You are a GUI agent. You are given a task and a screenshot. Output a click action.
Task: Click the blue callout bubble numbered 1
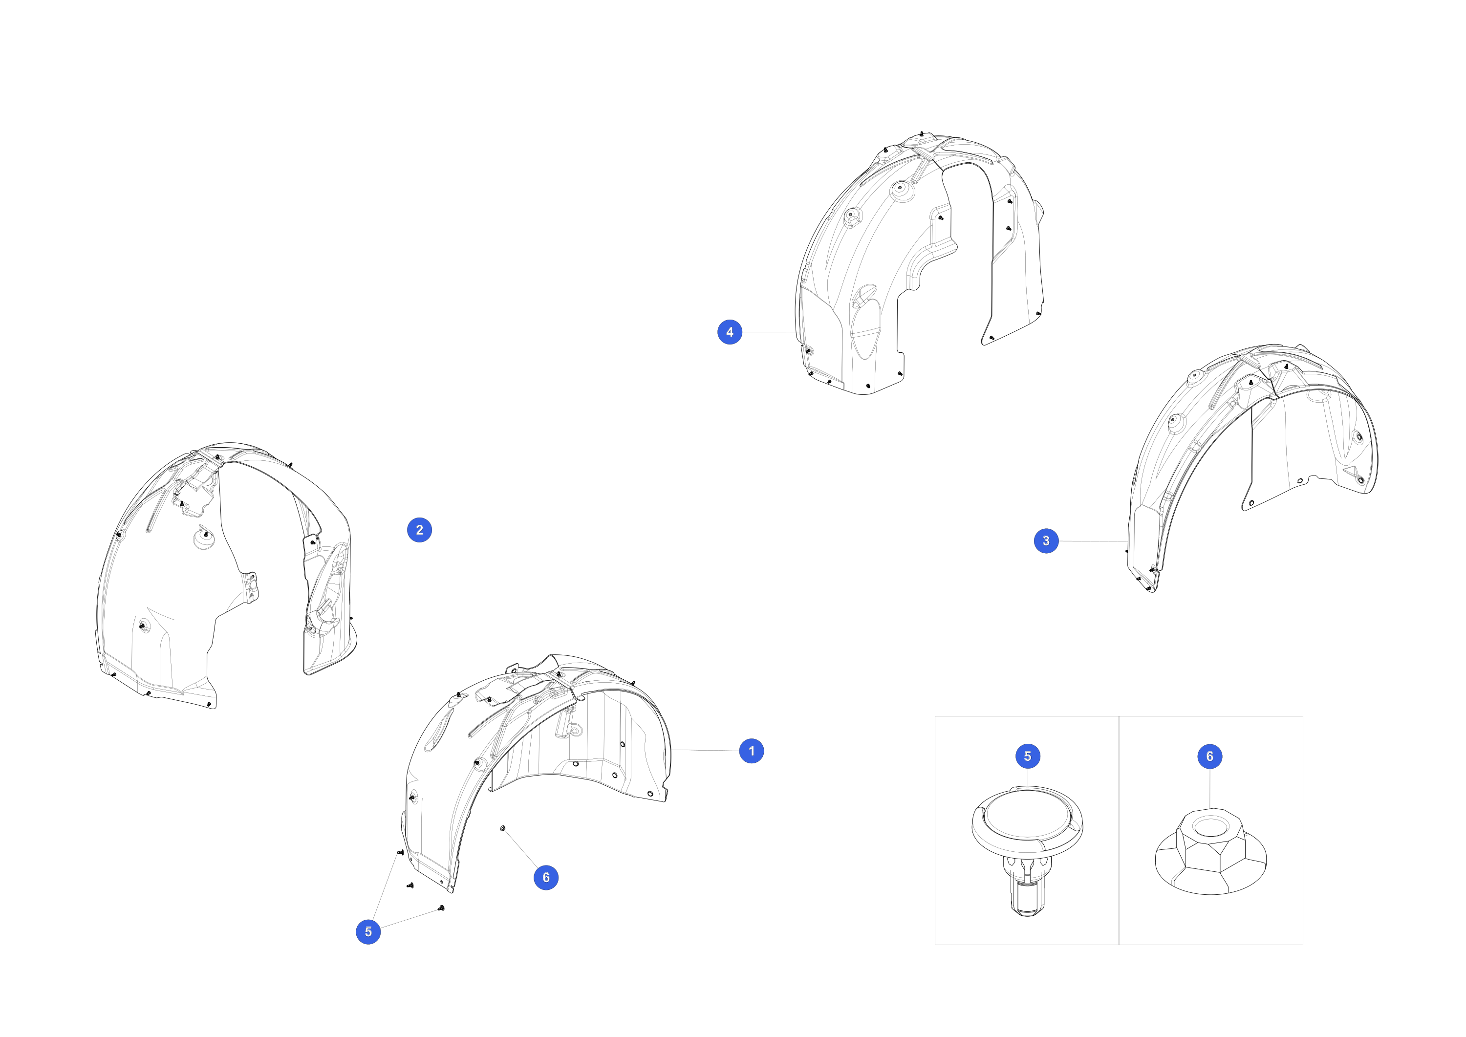pos(752,751)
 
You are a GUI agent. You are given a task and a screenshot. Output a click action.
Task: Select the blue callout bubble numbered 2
pos(419,530)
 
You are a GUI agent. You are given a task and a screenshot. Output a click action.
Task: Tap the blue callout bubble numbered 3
pos(1046,541)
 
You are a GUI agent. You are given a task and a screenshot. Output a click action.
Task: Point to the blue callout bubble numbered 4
pos(730,332)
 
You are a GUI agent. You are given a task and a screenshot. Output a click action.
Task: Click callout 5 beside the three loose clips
pos(368,931)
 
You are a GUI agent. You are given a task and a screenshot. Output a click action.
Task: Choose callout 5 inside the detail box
pos(1027,756)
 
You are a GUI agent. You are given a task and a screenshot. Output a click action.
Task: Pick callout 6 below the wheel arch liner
pos(546,877)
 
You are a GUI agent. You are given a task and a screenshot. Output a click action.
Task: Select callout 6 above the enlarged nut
pos(1209,756)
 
